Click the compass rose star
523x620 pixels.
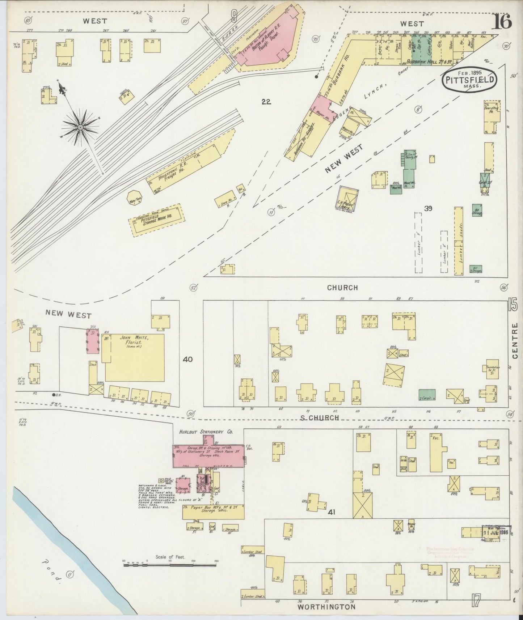(80, 127)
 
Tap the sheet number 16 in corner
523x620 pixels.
(501, 22)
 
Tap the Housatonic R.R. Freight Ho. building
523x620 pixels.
(188, 165)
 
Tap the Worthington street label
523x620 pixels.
(326, 607)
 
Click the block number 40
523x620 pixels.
(188, 360)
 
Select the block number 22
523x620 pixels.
(266, 102)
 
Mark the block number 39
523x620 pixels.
(429, 208)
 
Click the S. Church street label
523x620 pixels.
(320, 418)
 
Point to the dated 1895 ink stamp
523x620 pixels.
(496, 533)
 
